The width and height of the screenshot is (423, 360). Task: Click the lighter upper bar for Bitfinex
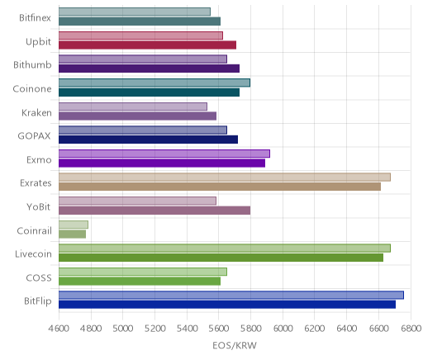(135, 12)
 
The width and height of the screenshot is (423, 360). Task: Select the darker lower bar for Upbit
(147, 45)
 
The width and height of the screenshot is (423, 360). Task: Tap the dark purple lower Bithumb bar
(149, 69)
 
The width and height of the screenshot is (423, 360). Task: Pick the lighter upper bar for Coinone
(154, 83)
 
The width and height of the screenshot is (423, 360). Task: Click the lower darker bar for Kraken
(137, 116)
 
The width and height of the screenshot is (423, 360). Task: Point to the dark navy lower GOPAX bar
(148, 140)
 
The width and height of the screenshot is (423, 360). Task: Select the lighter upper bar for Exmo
(164, 154)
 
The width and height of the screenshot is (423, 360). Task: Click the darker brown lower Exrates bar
(220, 187)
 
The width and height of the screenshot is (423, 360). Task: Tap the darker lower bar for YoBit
(154, 211)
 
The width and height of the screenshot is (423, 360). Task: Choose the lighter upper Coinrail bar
(74, 225)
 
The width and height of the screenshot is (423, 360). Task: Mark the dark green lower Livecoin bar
(221, 258)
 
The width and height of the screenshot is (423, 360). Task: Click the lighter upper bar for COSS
(143, 272)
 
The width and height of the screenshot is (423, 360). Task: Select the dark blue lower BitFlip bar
(227, 305)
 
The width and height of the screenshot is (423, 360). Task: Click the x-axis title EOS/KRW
(235, 345)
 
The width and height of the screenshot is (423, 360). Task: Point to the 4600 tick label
(59, 329)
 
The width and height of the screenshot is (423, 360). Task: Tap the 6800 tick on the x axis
(411, 329)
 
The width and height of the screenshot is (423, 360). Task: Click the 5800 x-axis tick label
(250, 329)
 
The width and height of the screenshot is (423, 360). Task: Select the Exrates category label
(36, 183)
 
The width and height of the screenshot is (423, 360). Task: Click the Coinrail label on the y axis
(34, 230)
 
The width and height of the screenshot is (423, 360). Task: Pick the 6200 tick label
(315, 329)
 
